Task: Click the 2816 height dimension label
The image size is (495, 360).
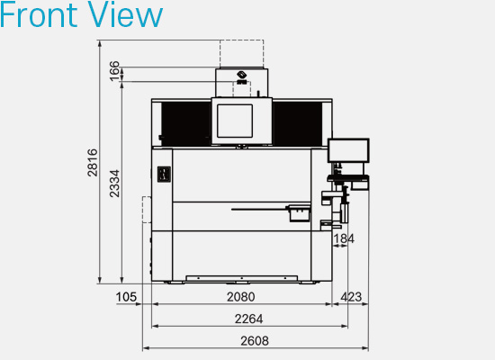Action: [93, 163]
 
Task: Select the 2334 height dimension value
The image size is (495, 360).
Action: [114, 184]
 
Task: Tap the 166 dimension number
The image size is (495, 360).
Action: [114, 71]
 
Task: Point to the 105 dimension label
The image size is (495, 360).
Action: [126, 297]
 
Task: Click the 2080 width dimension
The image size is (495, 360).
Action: [241, 297]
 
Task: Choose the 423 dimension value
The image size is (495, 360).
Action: [351, 297]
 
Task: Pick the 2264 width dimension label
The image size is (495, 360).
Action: [248, 319]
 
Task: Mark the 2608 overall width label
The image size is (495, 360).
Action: [255, 341]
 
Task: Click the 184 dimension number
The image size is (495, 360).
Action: [344, 238]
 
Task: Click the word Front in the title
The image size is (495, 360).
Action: [39, 14]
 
